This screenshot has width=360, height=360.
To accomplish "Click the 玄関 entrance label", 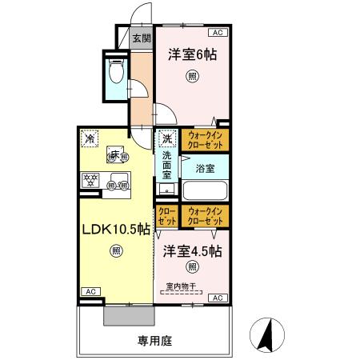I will (141, 37).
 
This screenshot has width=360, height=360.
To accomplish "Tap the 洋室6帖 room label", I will (192, 55).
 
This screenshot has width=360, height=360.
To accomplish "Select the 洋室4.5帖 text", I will (192, 250).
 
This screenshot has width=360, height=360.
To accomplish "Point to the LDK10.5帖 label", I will (115, 229).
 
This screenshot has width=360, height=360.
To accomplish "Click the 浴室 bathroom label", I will (205, 169).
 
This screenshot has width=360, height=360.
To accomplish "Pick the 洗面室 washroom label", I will (167, 163).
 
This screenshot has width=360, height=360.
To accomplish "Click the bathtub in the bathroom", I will (205, 192).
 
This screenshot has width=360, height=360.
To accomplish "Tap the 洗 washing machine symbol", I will (167, 138).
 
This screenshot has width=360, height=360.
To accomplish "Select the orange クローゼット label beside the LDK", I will (167, 215).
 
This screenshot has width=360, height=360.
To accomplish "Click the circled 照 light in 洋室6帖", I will (192, 77).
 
